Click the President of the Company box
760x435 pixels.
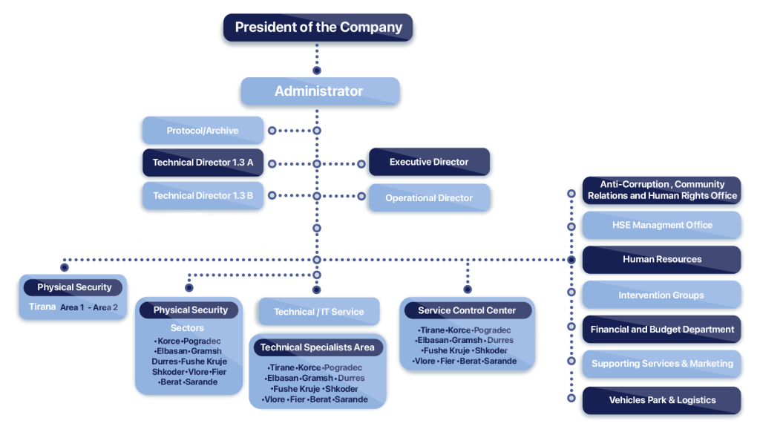318,27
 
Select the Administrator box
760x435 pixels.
319,91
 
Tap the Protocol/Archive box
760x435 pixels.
202,131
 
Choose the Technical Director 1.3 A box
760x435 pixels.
203,163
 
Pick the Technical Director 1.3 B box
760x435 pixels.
203,196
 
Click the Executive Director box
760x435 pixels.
429,162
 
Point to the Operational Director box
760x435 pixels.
429,198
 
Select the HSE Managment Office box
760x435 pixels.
662,225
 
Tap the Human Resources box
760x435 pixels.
662,259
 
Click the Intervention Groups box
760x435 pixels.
662,295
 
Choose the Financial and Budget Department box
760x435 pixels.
662,329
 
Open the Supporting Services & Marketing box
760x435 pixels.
662,364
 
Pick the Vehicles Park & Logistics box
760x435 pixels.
662,400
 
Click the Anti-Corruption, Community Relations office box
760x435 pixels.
662,190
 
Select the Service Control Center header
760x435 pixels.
466,310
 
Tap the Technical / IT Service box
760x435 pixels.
318,312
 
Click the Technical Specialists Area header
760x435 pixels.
318,347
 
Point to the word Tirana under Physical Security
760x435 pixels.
42,307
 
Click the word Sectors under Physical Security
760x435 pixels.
187,327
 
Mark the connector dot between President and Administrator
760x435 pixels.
317,71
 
